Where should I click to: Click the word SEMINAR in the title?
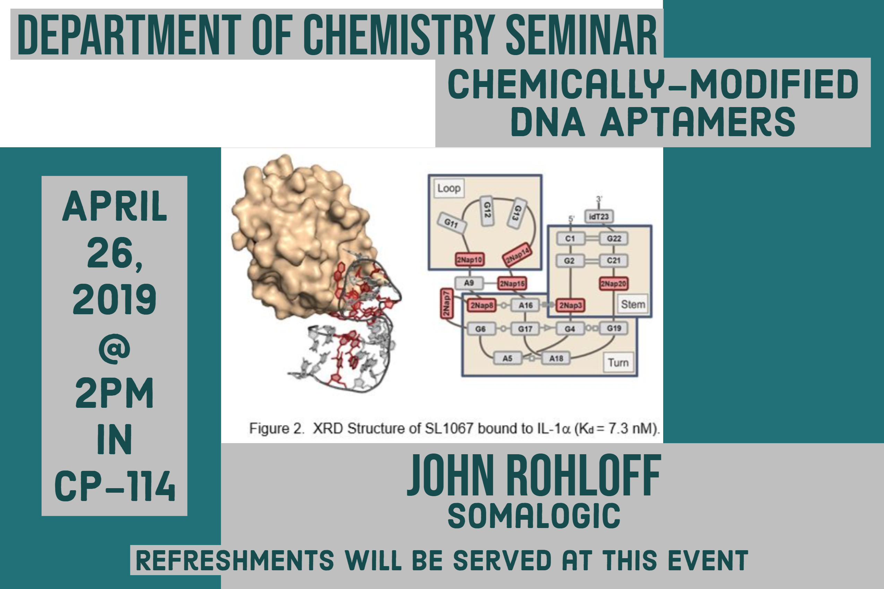[581, 35]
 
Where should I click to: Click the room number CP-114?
[115, 486]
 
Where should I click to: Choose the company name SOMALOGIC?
[534, 516]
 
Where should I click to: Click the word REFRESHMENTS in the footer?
[235, 561]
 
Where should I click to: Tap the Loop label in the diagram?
[449, 188]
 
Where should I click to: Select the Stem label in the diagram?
[633, 304]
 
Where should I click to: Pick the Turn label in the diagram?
[618, 362]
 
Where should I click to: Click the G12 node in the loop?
[487, 211]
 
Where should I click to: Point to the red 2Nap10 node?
[469, 259]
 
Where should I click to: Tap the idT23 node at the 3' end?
[599, 216]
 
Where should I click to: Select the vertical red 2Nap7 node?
[447, 304]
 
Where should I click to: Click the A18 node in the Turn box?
[556, 358]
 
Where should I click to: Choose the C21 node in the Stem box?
[614, 260]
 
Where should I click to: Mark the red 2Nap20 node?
[614, 284]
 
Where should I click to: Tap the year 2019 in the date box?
[115, 299]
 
